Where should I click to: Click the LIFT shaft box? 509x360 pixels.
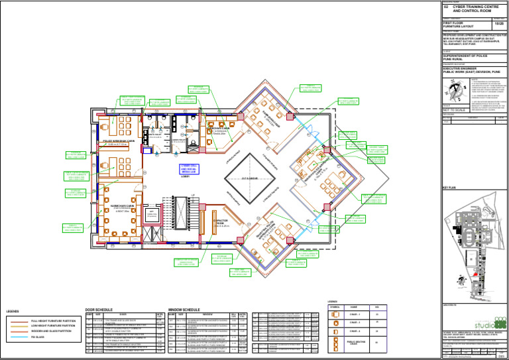click(x=150, y=213)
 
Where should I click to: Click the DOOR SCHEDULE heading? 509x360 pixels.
click(x=99, y=310)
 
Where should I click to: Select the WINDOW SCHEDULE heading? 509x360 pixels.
click(x=184, y=310)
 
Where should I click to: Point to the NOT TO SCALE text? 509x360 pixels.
click(x=454, y=110)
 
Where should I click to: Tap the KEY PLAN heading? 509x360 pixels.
click(x=449, y=188)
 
